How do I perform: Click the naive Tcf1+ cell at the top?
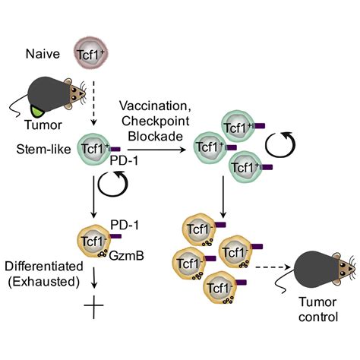pyautogui.click(x=88, y=54)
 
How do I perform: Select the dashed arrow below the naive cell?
pyautogui.click(x=88, y=95)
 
